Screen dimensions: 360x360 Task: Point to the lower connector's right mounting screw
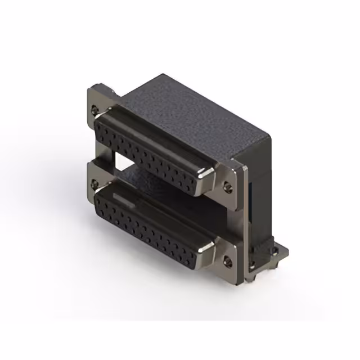(227, 260)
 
